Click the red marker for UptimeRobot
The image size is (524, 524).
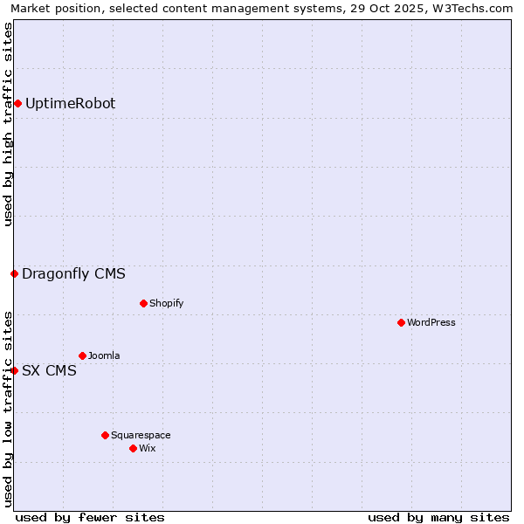pyautogui.click(x=17, y=104)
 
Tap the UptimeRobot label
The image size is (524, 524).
pyautogui.click(x=70, y=104)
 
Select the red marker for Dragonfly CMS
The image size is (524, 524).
pyautogui.click(x=14, y=274)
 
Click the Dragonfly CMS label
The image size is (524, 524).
pyautogui.click(x=73, y=274)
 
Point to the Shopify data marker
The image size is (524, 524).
pyautogui.click(x=143, y=304)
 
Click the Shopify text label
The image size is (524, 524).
pyautogui.click(x=166, y=304)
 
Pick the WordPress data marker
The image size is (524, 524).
pyautogui.click(x=401, y=323)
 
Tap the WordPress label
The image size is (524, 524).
pyautogui.click(x=431, y=323)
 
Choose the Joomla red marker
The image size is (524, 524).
pyautogui.click(x=82, y=356)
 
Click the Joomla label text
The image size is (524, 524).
pyautogui.click(x=104, y=356)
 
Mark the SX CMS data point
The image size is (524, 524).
pyautogui.click(x=14, y=371)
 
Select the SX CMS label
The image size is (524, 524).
pyautogui.click(x=49, y=371)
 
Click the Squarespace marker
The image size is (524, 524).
pyautogui.click(x=105, y=436)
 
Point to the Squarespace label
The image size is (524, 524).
pyautogui.click(x=141, y=436)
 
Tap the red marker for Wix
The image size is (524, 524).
pyautogui.click(x=133, y=449)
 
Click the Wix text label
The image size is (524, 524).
pyautogui.click(x=147, y=449)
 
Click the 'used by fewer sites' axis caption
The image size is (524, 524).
pyautogui.click(x=90, y=517)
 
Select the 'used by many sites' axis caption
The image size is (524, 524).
pyautogui.click(x=438, y=517)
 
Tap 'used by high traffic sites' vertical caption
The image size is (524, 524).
pyautogui.click(x=9, y=124)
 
